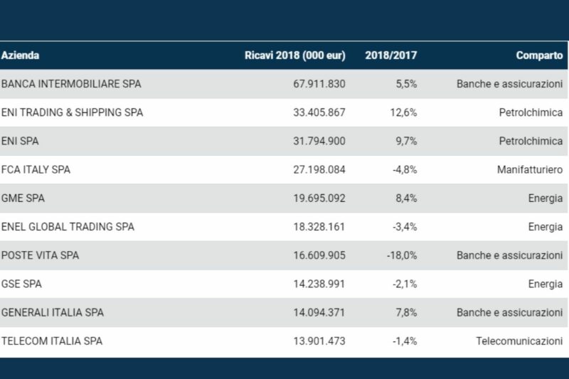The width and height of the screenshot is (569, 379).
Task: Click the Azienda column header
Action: (20, 55)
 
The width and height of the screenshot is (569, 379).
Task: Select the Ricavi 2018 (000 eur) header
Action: (294, 55)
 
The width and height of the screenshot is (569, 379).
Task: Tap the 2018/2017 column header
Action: (390, 55)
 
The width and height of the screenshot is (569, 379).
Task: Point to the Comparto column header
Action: (539, 55)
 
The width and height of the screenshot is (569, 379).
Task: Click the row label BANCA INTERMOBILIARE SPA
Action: (71, 84)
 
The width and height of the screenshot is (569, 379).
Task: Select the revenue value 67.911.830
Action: (319, 84)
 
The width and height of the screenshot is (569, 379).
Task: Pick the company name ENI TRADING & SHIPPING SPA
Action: (72, 112)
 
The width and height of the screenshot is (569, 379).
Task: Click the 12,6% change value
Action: (405, 112)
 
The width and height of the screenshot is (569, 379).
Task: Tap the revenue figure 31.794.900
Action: (319, 141)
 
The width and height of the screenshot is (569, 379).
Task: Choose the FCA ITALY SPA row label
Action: (36, 170)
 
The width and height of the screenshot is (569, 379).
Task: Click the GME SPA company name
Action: (23, 198)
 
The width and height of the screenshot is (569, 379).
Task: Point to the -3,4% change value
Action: (405, 227)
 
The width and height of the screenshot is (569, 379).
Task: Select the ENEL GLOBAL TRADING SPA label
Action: (68, 227)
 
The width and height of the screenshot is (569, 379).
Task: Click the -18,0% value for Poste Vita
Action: (403, 255)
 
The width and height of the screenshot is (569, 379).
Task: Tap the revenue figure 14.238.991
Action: (319, 284)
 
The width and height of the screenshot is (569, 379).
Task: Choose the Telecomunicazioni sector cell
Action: (519, 341)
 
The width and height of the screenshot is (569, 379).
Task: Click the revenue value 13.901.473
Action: (319, 341)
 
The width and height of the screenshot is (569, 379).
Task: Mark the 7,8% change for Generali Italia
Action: (406, 312)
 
